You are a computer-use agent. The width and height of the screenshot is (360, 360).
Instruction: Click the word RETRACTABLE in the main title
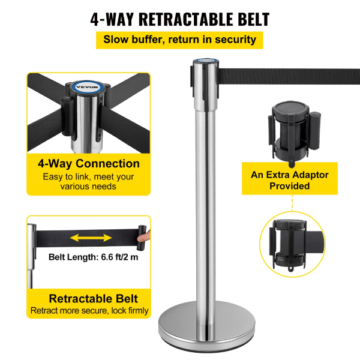[186, 19]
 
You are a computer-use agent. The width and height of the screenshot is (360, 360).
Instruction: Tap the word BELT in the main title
[253, 19]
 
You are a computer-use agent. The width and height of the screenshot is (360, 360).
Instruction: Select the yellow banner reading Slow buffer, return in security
[179, 40]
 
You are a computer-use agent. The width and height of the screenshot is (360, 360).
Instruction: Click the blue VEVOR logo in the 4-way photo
[87, 87]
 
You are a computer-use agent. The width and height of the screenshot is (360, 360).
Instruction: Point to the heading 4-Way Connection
[89, 164]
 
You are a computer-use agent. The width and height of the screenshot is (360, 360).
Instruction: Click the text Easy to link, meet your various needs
[88, 181]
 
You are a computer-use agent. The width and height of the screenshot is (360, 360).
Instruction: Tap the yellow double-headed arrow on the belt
[91, 238]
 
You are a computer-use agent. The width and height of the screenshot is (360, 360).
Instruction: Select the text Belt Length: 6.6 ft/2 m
[93, 257]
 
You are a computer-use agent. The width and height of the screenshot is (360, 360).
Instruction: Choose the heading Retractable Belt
[93, 299]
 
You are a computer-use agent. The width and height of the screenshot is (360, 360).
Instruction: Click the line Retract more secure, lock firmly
[89, 311]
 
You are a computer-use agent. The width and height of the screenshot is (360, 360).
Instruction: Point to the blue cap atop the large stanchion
[206, 61]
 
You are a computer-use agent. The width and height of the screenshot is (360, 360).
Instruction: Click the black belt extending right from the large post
[289, 76]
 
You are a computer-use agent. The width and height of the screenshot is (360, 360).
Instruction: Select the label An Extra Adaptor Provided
[290, 180]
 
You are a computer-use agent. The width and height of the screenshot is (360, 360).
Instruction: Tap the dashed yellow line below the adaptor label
[292, 203]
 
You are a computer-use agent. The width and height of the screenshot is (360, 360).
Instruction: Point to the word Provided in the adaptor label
[290, 186]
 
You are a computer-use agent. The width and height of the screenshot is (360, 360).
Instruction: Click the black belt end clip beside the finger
[142, 238]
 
